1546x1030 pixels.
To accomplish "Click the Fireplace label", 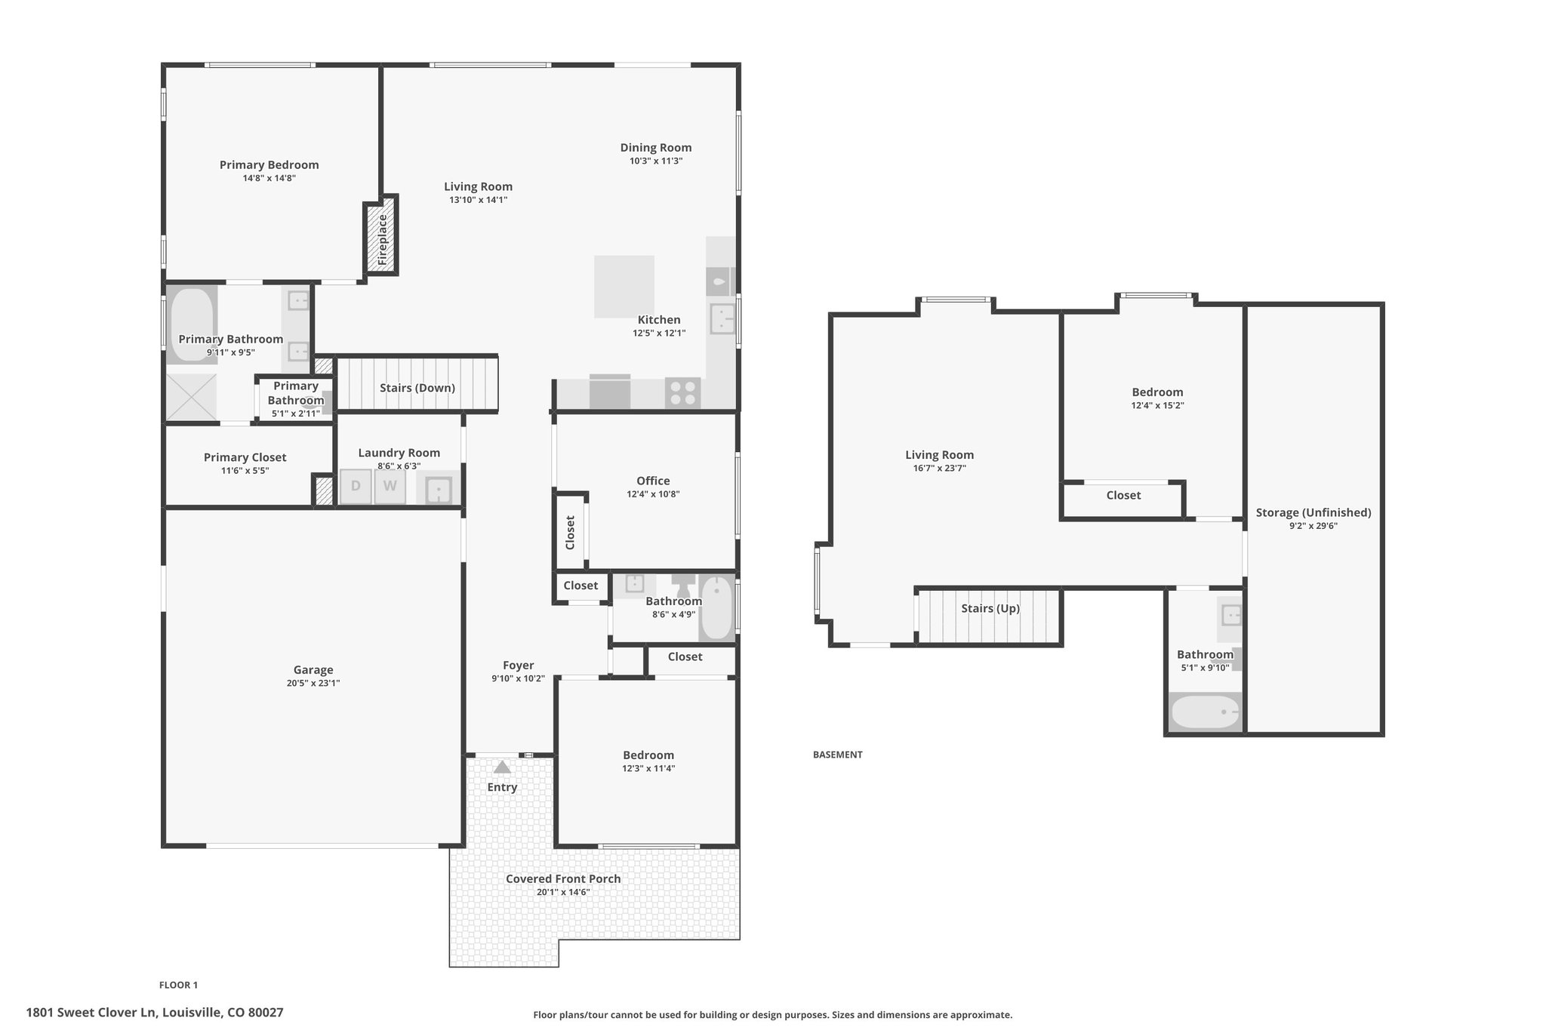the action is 383,239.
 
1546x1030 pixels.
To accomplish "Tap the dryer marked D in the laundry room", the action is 356,487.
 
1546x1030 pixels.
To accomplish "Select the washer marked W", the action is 390,487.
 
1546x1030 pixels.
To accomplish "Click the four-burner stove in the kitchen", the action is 682,393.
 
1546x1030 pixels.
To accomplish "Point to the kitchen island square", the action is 624,287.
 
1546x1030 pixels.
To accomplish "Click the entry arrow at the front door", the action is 502,767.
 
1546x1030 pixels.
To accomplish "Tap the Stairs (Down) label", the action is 417,388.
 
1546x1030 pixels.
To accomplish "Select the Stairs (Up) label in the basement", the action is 990,608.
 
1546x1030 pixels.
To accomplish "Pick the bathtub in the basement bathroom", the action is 1205,712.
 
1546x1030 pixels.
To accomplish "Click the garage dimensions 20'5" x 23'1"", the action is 313,683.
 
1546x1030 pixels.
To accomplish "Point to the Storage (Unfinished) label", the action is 1313,513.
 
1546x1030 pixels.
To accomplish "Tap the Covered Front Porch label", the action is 563,879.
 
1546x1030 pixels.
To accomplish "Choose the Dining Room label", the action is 656,148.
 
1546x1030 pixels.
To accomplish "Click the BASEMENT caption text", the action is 837,755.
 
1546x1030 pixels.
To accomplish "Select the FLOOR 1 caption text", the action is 178,985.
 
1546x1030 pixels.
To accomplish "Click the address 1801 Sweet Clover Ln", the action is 91,1013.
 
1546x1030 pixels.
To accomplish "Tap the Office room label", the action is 653,481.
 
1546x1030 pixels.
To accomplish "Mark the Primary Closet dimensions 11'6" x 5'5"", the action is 245,471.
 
